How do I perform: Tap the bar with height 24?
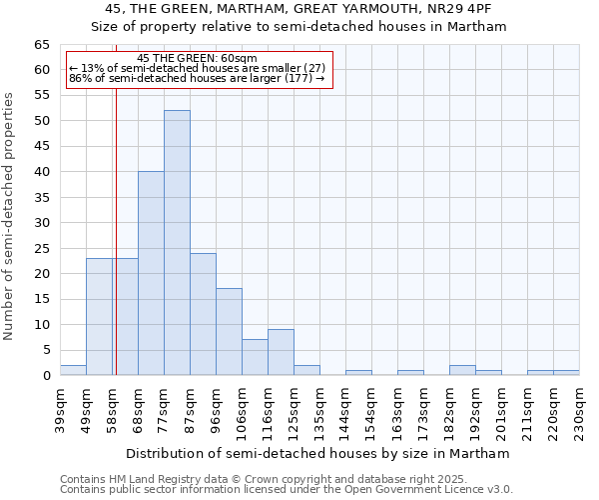(203, 314)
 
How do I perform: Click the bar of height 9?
(281, 352)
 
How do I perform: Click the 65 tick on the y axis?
(42, 45)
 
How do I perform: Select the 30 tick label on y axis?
(42, 223)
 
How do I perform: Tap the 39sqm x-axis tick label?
(60, 410)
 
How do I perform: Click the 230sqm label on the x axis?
(579, 410)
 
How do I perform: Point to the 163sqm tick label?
(397, 410)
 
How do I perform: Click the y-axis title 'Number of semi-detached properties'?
(10, 216)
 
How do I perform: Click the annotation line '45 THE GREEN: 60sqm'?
(198, 58)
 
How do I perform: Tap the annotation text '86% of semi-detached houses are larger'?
(198, 78)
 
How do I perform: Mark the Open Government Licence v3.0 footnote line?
(287, 489)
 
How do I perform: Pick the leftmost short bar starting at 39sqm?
(73, 370)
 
